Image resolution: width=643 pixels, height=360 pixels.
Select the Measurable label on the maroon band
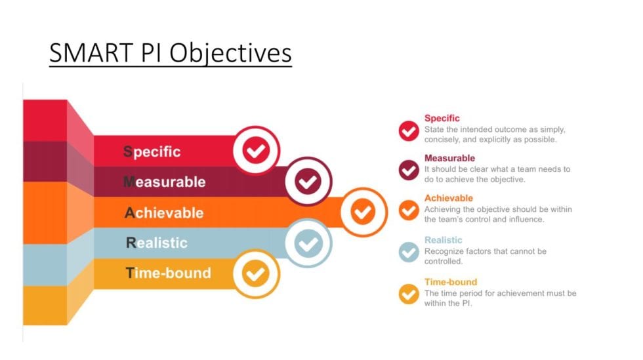[x=164, y=182]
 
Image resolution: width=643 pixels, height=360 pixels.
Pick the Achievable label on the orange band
[x=164, y=212]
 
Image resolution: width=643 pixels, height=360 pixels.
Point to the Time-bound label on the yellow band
[x=168, y=273]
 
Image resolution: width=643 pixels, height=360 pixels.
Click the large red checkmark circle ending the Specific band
[x=256, y=151]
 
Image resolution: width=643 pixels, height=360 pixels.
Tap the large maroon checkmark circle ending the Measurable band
[x=308, y=182]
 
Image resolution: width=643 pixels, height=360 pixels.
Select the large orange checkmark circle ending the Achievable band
[x=363, y=212]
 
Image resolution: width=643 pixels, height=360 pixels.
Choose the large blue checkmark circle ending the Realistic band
[x=308, y=243]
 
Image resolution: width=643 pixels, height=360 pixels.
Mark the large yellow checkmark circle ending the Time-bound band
[x=256, y=273]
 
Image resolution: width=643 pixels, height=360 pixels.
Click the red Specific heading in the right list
[x=442, y=118]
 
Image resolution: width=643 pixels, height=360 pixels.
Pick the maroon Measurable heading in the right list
[x=449, y=158]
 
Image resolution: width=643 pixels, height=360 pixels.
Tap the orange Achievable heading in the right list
[x=449, y=198]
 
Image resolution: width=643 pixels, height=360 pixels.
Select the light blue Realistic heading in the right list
[x=444, y=240]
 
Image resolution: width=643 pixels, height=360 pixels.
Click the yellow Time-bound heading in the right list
[x=451, y=282]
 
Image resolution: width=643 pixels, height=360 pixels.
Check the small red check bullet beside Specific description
[x=409, y=130]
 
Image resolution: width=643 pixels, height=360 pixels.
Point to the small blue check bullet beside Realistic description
[x=409, y=252]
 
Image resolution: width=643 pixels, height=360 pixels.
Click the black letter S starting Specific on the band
[x=128, y=152]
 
